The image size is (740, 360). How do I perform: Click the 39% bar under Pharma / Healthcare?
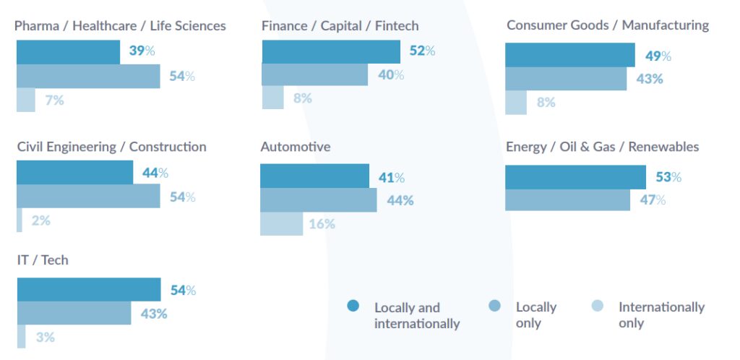click(x=68, y=52)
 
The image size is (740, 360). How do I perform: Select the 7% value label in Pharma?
click(x=55, y=100)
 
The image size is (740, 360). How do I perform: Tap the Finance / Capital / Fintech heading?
click(x=340, y=26)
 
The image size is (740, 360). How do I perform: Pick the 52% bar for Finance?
click(x=330, y=51)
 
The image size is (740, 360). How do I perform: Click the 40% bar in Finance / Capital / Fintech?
click(x=314, y=74)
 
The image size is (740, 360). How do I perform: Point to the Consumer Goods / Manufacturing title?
click(x=607, y=25)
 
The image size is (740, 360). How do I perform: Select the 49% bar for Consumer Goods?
click(x=569, y=56)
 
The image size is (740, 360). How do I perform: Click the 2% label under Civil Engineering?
click(x=41, y=220)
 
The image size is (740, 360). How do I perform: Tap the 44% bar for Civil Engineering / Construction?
click(x=74, y=173)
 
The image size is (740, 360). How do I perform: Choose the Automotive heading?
click(x=296, y=147)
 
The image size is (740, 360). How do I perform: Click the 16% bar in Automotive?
click(x=281, y=224)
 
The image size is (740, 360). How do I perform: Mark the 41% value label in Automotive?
click(x=392, y=177)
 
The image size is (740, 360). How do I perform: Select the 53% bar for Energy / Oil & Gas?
click(x=575, y=177)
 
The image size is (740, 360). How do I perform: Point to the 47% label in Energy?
click(x=652, y=200)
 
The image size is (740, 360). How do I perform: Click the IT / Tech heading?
click(x=43, y=260)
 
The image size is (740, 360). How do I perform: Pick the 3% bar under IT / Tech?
click(x=21, y=337)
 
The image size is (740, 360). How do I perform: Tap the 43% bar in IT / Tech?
click(x=74, y=314)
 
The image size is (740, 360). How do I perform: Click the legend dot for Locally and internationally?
click(x=353, y=306)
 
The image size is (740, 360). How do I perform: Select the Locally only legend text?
click(x=535, y=315)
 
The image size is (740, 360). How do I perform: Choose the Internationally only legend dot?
click(x=596, y=306)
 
